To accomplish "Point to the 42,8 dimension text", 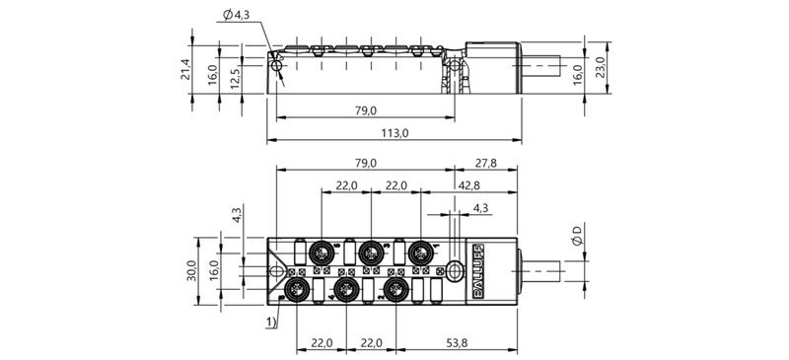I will click(468, 185).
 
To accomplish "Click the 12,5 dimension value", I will click(235, 76).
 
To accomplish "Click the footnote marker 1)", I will click(269, 321).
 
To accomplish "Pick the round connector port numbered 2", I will click(395, 289).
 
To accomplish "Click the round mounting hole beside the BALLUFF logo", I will click(455, 268).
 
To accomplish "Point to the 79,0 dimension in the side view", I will click(365, 110).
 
